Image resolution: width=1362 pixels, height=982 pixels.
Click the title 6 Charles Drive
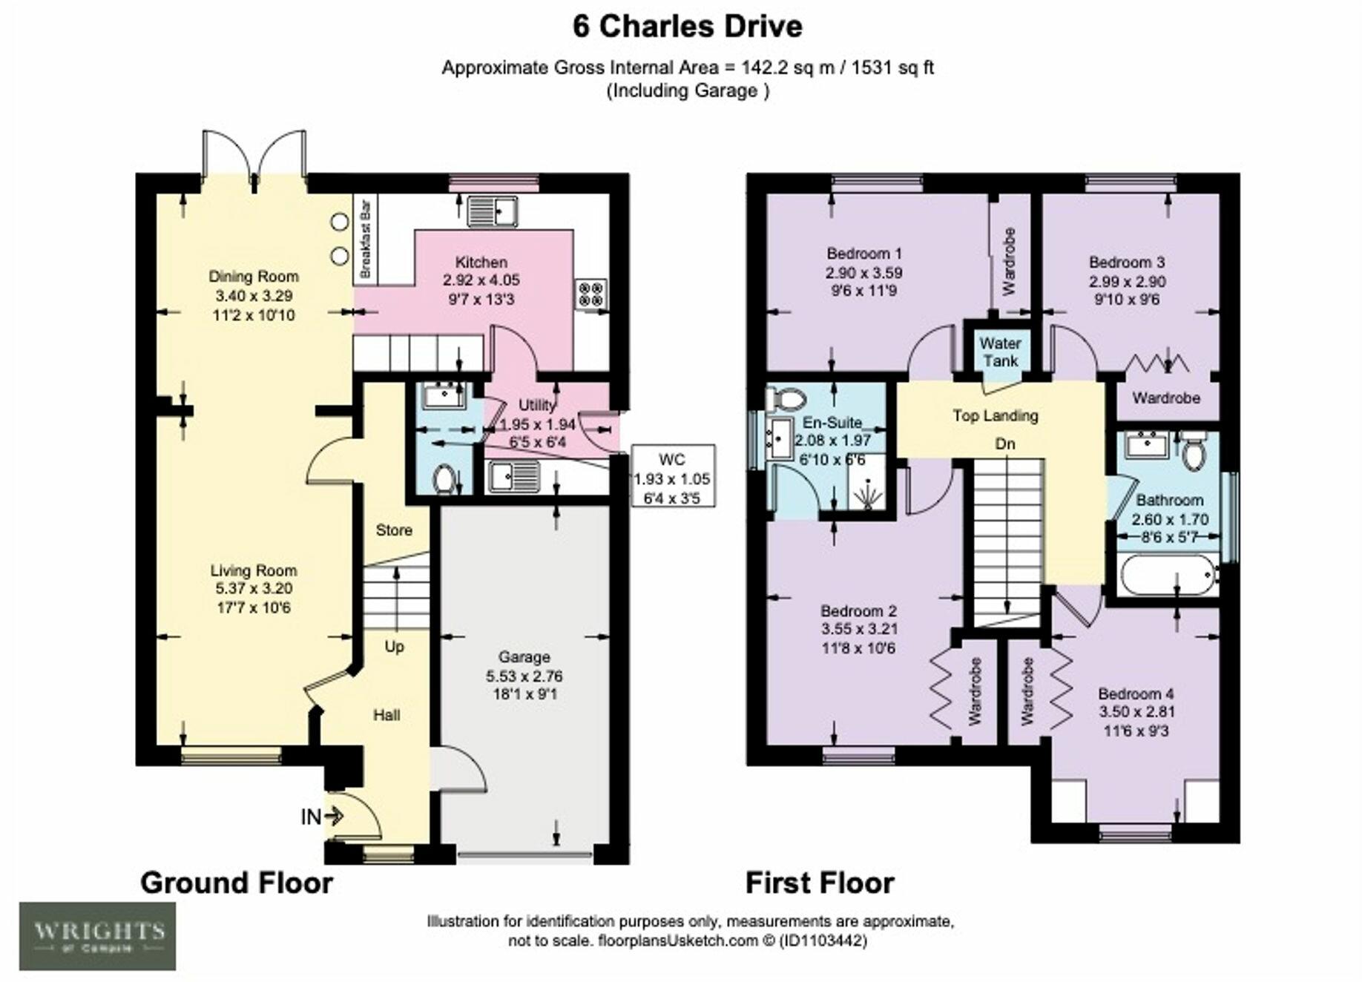click(687, 27)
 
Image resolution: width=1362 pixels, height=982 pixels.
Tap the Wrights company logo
click(97, 936)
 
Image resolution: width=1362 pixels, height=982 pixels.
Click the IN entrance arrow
click(334, 817)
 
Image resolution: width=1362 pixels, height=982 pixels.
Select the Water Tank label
click(1000, 352)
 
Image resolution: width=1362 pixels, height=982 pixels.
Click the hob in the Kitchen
click(591, 293)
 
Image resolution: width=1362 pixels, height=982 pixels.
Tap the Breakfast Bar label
click(364, 239)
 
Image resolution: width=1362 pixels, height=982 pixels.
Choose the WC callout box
click(673, 475)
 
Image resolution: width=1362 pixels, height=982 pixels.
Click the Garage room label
click(524, 656)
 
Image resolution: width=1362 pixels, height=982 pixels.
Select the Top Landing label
click(996, 415)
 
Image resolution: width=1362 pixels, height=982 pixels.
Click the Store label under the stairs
click(394, 530)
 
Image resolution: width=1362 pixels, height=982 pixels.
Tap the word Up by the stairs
click(394, 646)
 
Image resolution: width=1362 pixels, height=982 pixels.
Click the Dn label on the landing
click(1004, 444)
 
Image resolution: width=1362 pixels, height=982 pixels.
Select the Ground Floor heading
click(237, 883)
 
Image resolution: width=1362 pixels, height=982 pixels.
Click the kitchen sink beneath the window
click(493, 211)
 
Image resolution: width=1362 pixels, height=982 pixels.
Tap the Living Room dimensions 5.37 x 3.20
click(254, 589)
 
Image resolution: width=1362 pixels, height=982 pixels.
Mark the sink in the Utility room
click(513, 476)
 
